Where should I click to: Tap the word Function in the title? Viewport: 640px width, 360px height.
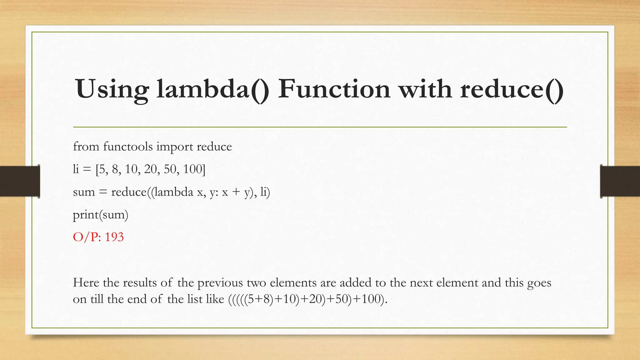point(334,89)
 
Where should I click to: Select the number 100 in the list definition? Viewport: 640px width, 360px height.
point(192,169)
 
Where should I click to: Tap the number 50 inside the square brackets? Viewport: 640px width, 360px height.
point(170,169)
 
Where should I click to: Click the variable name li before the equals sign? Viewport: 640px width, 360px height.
point(76,169)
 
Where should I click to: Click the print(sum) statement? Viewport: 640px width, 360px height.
point(100,215)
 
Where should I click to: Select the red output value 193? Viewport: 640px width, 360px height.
point(114,237)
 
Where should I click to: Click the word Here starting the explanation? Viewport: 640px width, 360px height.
point(86,282)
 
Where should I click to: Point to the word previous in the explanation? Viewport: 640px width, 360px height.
point(220,283)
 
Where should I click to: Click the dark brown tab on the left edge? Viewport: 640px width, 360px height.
point(20,181)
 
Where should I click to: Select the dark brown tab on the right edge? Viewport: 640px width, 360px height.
point(620,181)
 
